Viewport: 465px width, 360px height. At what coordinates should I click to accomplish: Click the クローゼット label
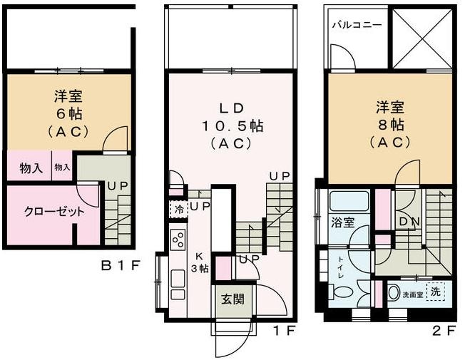click(x=45, y=212)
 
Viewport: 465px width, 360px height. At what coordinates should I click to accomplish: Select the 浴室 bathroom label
click(x=342, y=222)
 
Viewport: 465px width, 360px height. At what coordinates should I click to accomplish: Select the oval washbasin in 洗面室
click(x=394, y=292)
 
